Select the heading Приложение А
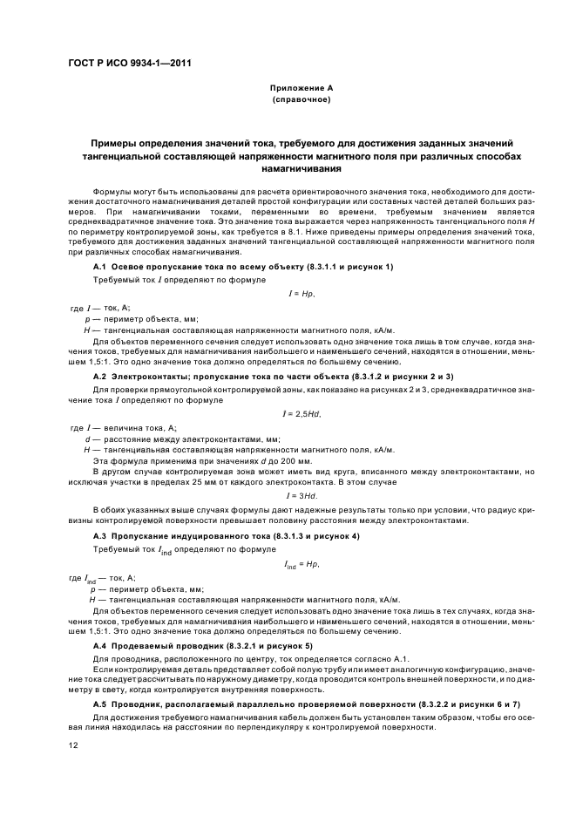301,88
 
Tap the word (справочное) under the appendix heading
301,99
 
